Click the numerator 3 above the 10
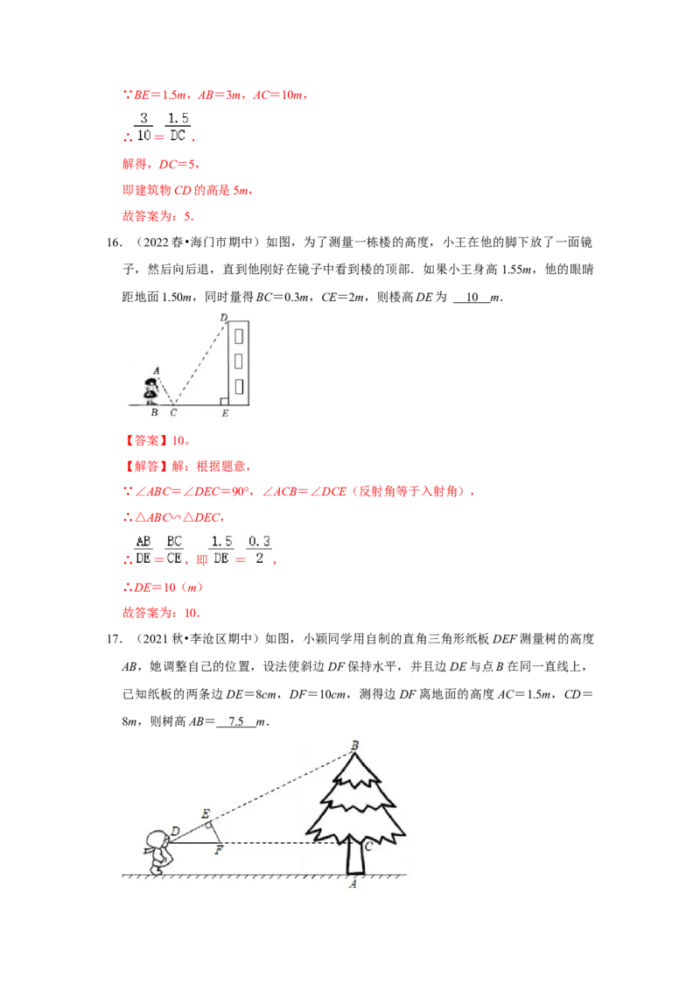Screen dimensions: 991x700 [x=143, y=117]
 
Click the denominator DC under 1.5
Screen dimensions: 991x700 [x=178, y=136]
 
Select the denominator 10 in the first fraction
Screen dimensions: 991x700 [x=143, y=136]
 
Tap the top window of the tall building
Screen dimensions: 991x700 [x=239, y=334]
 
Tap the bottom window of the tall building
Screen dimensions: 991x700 [x=239, y=385]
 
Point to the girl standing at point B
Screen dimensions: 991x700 [x=150, y=390]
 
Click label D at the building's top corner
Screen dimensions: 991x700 [x=223, y=317]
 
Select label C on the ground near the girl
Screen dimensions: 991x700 [x=173, y=412]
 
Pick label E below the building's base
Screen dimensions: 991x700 [x=225, y=412]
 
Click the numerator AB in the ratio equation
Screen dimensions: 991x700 [x=143, y=542]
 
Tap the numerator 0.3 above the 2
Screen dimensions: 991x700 [x=258, y=542]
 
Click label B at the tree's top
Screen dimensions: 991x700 [x=354, y=746]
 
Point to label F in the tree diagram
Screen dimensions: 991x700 [x=219, y=849]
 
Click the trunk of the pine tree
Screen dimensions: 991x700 [x=354, y=855]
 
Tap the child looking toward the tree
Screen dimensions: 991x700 [x=159, y=850]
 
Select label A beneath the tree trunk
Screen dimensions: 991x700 [x=353, y=884]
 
